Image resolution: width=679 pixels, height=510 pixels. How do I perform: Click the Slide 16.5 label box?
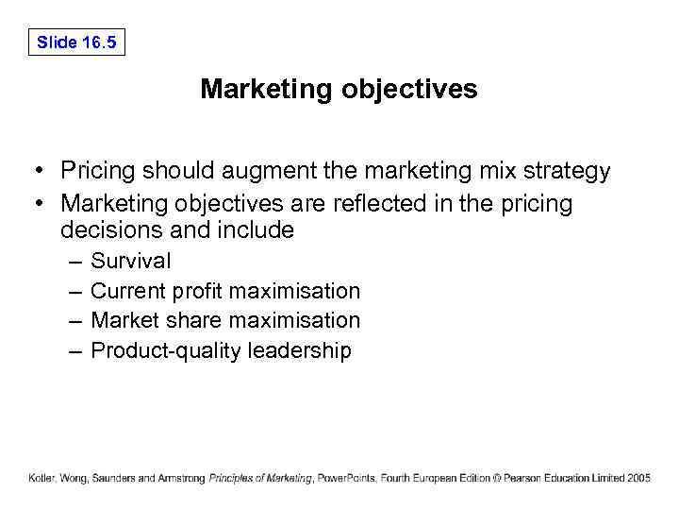(76, 42)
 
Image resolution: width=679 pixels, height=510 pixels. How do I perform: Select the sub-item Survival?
(130, 261)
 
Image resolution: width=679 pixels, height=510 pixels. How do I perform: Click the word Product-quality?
(166, 351)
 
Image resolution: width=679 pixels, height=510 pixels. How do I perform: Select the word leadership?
(299, 351)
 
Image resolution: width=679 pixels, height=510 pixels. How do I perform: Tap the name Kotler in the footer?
(42, 478)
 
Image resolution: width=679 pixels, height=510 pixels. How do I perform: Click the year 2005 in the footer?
(638, 478)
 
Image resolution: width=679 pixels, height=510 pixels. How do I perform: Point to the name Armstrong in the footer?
(181, 478)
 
